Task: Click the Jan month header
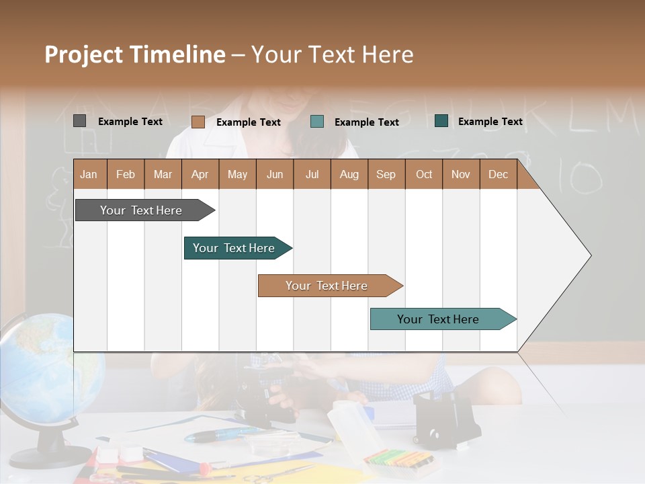[89, 174]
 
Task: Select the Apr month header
[200, 174]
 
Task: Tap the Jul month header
[312, 174]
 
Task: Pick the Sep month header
[386, 174]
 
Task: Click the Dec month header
[498, 174]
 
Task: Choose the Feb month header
[126, 174]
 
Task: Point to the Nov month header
[461, 174]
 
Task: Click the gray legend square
[79, 121]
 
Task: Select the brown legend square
[198, 122]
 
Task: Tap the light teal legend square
[317, 122]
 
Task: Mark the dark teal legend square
[441, 121]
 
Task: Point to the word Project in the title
[83, 54]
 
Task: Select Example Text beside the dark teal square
[490, 122]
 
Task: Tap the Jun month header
[275, 174]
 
